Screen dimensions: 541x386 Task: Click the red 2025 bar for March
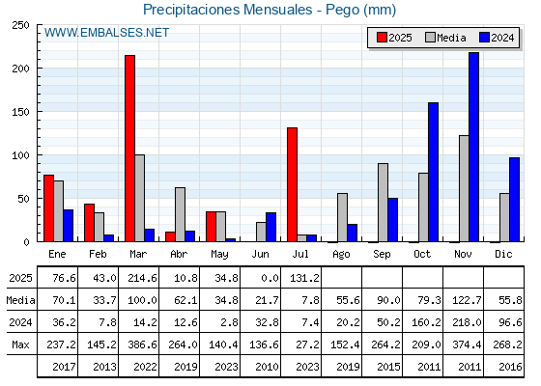tap(130, 149)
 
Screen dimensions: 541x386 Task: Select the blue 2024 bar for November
tap(473, 147)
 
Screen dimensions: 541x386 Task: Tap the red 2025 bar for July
tap(292, 184)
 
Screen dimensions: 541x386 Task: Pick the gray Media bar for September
tap(383, 203)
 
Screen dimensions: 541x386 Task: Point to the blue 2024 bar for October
tap(434, 172)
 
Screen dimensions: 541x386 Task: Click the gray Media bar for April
tap(180, 214)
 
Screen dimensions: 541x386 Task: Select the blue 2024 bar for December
tap(514, 200)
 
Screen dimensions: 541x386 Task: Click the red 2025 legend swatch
tap(382, 38)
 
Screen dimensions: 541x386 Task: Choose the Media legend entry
tap(446, 38)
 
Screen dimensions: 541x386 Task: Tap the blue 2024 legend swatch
tap(484, 38)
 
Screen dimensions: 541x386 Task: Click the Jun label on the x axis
tap(260, 254)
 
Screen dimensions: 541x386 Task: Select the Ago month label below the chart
tap(341, 255)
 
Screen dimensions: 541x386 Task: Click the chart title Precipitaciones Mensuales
tap(228, 10)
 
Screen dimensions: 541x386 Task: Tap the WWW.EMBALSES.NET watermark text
tap(106, 33)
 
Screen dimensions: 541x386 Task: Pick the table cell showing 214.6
tap(143, 278)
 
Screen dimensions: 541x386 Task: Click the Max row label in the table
tap(20, 345)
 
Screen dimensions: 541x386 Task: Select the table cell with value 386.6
tap(143, 345)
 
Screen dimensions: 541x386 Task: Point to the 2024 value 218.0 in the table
tap(467, 322)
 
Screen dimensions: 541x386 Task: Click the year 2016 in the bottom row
tap(510, 367)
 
